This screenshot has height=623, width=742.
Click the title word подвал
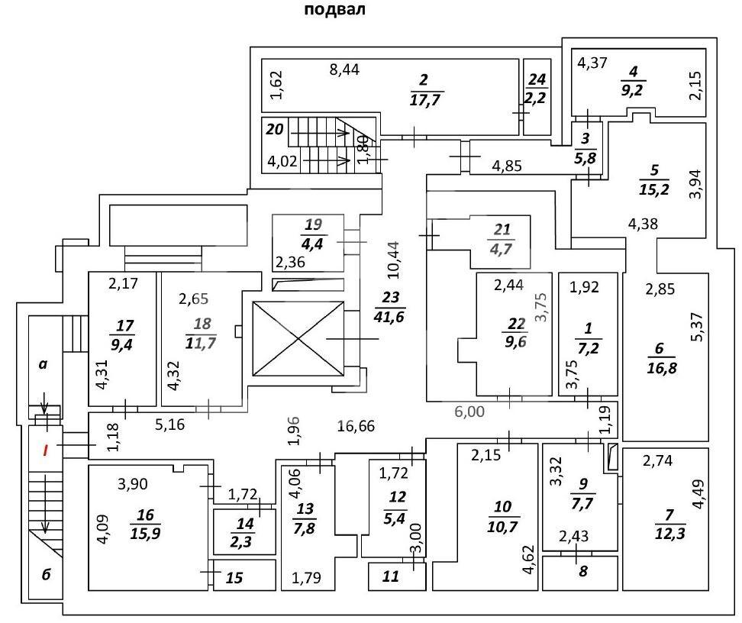(x=334, y=9)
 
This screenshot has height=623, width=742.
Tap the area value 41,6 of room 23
(x=389, y=316)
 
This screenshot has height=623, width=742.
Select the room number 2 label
(x=424, y=79)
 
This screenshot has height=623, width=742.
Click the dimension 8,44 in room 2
(x=344, y=69)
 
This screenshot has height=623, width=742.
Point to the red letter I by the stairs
(x=46, y=450)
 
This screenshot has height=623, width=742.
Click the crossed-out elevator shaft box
(x=298, y=339)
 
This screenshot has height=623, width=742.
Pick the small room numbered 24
(x=537, y=97)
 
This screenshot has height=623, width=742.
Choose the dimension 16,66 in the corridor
(x=356, y=426)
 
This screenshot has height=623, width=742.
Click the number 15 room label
(x=234, y=577)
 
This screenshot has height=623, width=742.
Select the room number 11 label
(x=391, y=576)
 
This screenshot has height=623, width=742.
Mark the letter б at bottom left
(x=46, y=575)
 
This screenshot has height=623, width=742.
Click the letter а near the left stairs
(x=43, y=364)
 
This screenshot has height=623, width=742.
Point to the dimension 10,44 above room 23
(x=393, y=260)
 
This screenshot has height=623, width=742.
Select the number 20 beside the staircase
(x=275, y=129)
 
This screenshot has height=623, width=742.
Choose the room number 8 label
(x=583, y=571)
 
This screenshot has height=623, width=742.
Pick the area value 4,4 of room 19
(x=312, y=244)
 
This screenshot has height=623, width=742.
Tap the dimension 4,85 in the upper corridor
(x=507, y=166)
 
